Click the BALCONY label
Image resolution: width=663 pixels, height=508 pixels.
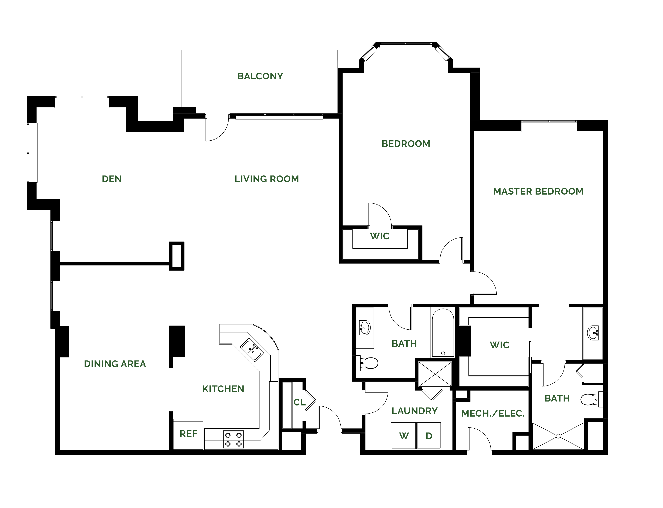pyautogui.click(x=260, y=76)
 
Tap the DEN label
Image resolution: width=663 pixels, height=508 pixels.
pyautogui.click(x=112, y=179)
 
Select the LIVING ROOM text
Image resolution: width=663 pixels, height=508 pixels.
pyautogui.click(x=267, y=179)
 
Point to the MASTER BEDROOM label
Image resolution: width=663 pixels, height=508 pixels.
pyautogui.click(x=538, y=191)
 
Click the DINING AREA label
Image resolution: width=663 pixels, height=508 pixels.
pyautogui.click(x=115, y=364)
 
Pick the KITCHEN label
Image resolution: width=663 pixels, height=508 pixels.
pyautogui.click(x=223, y=389)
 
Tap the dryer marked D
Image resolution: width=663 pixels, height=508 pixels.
pyautogui.click(x=429, y=435)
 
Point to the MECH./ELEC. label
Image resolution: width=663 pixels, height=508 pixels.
pyautogui.click(x=493, y=413)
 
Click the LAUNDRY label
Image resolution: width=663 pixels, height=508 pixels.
pyautogui.click(x=415, y=411)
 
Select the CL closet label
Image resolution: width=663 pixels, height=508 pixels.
pyautogui.click(x=299, y=402)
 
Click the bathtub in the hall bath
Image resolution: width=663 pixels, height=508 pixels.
pyautogui.click(x=443, y=333)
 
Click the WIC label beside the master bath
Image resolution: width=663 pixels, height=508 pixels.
pyautogui.click(x=499, y=345)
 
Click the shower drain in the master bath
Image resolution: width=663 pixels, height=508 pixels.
pyautogui.click(x=558, y=436)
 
